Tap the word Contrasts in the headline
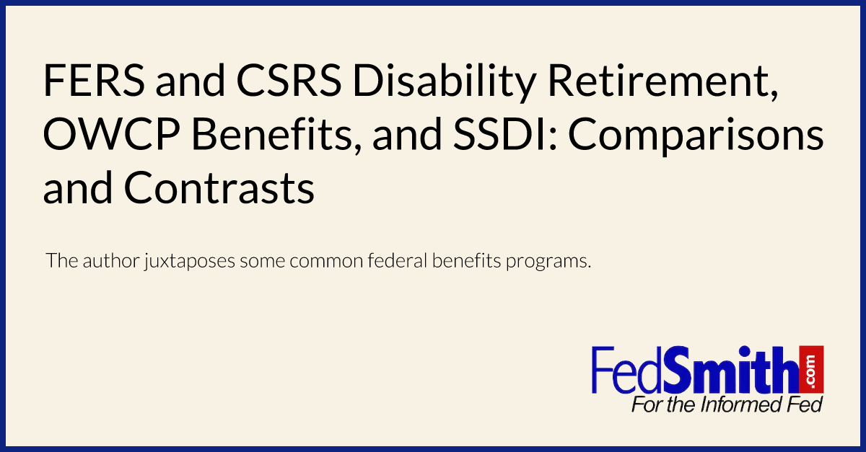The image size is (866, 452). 219,189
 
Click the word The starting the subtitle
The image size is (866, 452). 58,261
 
